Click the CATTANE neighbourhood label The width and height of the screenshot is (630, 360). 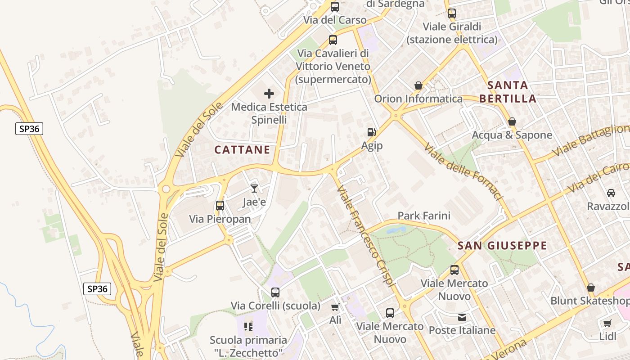(242, 150)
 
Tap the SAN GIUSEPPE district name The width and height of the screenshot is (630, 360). (502, 246)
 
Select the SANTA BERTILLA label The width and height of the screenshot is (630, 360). (508, 92)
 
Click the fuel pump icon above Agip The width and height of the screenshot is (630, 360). (372, 132)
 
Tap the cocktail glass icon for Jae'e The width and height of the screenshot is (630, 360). (254, 189)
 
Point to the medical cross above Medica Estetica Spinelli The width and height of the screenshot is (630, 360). (269, 94)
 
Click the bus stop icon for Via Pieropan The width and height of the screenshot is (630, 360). (220, 206)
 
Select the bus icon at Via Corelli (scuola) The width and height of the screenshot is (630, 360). (275, 292)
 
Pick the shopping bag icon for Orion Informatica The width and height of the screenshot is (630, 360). (418, 85)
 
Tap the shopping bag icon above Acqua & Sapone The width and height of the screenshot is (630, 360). (512, 121)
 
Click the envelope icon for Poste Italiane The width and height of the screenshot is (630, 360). (462, 317)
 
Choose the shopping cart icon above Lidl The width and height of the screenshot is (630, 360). (607, 323)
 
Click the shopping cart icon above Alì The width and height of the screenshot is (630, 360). (335, 307)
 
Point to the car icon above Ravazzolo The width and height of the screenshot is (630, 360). (611, 193)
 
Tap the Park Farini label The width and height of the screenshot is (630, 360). (424, 216)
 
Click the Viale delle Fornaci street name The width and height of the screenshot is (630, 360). (463, 172)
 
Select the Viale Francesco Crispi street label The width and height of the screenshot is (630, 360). (366, 236)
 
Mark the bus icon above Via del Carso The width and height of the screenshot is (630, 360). (334, 7)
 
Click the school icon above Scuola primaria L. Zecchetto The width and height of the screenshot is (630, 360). (248, 326)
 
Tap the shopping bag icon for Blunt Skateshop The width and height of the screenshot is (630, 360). (591, 288)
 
